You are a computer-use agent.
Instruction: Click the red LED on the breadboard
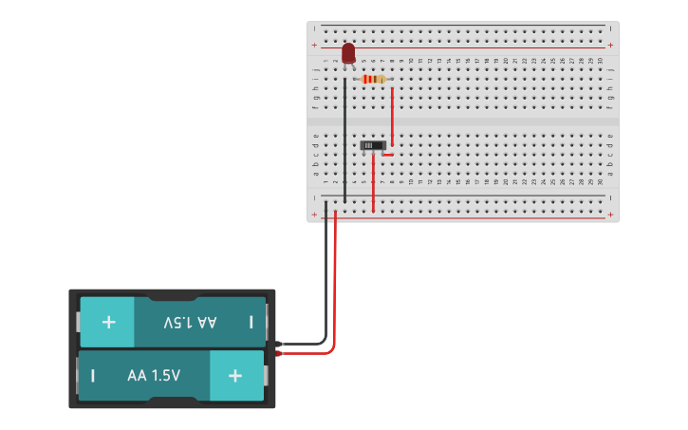click(348, 52)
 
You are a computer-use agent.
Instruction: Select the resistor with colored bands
click(375, 79)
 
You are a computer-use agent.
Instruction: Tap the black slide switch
click(374, 145)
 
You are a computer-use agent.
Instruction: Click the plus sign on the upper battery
click(108, 322)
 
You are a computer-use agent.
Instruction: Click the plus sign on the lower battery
click(234, 375)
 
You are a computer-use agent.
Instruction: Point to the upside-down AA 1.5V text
click(190, 322)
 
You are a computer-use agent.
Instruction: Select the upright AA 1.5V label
click(154, 375)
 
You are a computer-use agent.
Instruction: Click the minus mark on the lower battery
click(93, 375)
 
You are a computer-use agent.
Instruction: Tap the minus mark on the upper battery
click(251, 322)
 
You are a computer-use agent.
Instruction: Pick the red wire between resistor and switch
click(392, 114)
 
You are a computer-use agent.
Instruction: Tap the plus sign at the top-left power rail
click(314, 45)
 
